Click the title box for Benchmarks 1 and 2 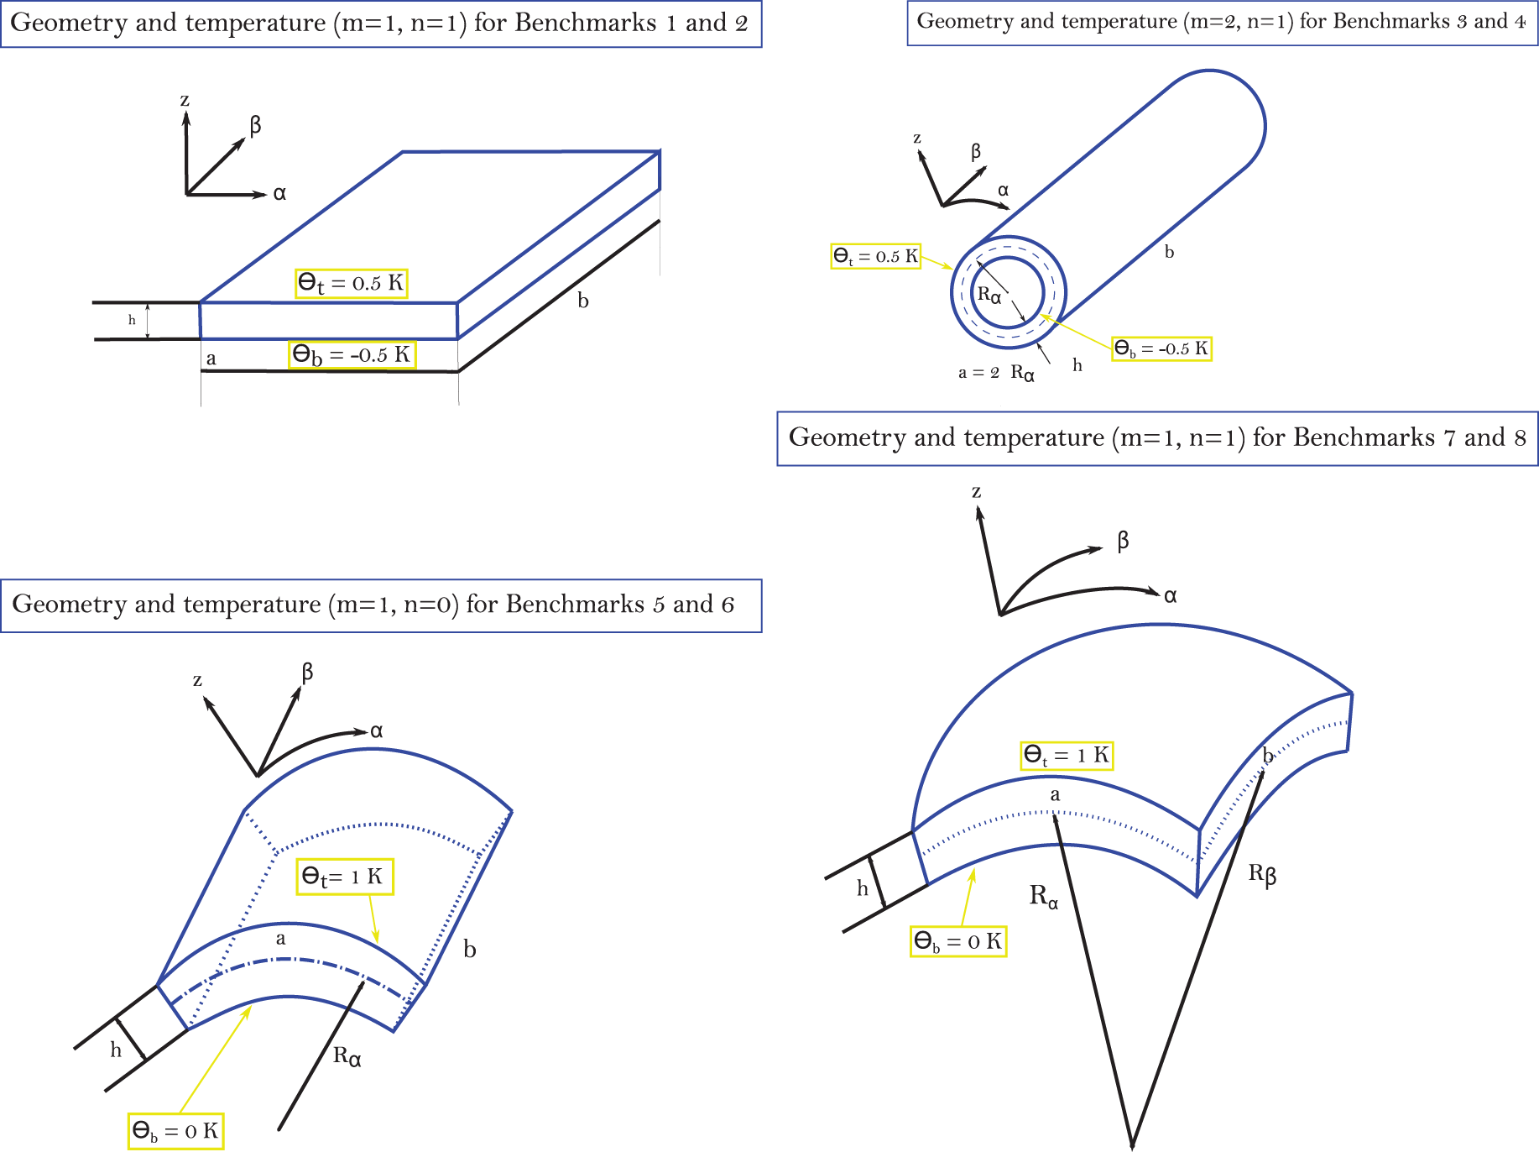click(x=380, y=24)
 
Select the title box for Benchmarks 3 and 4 click(x=1222, y=23)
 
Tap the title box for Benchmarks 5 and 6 click(x=380, y=605)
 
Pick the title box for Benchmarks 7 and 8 click(x=1157, y=438)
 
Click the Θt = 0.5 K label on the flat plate click(x=352, y=283)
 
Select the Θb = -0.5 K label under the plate click(x=352, y=354)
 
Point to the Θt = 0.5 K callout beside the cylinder click(x=875, y=256)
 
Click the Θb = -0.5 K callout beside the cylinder click(x=1161, y=348)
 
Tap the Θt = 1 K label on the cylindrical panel click(x=343, y=877)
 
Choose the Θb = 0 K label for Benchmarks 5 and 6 click(x=175, y=1131)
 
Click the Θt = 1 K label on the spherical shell click(x=1067, y=755)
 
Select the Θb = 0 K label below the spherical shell click(x=957, y=941)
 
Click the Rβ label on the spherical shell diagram click(x=1262, y=874)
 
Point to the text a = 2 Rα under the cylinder click(x=996, y=372)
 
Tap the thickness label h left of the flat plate click(x=132, y=320)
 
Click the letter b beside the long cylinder click(x=1169, y=252)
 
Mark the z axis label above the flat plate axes click(x=185, y=101)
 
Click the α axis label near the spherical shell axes click(x=1170, y=595)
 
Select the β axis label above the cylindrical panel click(x=307, y=672)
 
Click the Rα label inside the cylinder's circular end click(x=989, y=295)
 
